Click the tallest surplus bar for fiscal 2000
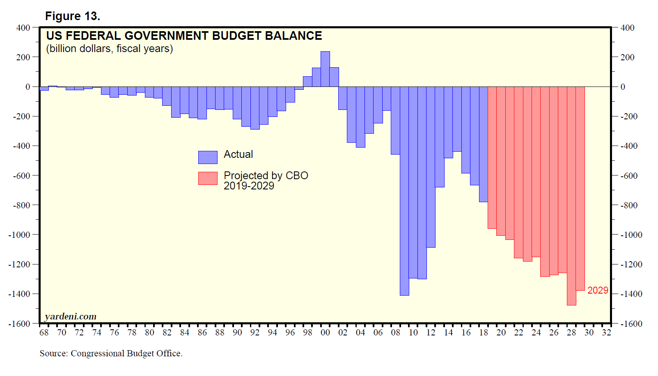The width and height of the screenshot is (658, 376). pyautogui.click(x=325, y=69)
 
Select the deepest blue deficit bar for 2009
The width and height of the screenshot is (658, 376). pyautogui.click(x=404, y=191)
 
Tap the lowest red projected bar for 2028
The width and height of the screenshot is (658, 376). pyautogui.click(x=571, y=196)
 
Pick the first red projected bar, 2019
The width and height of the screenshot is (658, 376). pyautogui.click(x=492, y=157)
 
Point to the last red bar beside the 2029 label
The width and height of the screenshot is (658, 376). pyautogui.click(x=580, y=189)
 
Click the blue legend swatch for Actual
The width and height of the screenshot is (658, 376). pyautogui.click(x=208, y=157)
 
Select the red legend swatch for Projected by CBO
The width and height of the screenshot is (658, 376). pyautogui.click(x=208, y=178)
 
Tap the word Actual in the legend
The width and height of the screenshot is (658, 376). pyautogui.click(x=238, y=155)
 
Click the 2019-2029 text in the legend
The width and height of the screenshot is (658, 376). pyautogui.click(x=249, y=186)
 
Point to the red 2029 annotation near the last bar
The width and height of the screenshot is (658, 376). pyautogui.click(x=598, y=290)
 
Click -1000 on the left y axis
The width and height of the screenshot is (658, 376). pyautogui.click(x=19, y=235)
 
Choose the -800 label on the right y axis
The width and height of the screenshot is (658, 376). pyautogui.click(x=629, y=205)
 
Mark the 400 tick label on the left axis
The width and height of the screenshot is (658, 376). pyautogui.click(x=23, y=28)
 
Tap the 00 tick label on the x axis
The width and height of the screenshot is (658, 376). pyautogui.click(x=325, y=333)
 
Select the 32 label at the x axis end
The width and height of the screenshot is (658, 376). pyautogui.click(x=606, y=333)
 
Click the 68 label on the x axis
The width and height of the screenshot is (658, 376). pyautogui.click(x=44, y=333)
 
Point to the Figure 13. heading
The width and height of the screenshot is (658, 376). pyautogui.click(x=73, y=16)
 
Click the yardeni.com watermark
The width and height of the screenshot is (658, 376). pyautogui.click(x=71, y=317)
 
